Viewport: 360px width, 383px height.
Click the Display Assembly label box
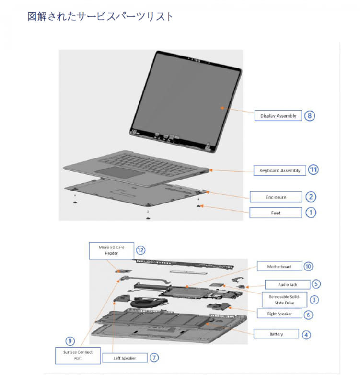[278, 115]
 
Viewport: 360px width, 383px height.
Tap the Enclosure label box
[276, 197]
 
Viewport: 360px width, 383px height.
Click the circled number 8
[310, 115]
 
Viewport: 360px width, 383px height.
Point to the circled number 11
[313, 169]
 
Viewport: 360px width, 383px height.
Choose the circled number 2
[311, 196]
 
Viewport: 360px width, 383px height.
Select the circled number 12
[140, 249]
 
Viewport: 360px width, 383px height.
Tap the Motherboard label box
[279, 266]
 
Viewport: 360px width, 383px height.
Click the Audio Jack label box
[287, 284]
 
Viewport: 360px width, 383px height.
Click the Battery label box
[276, 334]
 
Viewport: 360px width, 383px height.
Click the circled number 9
[70, 341]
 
